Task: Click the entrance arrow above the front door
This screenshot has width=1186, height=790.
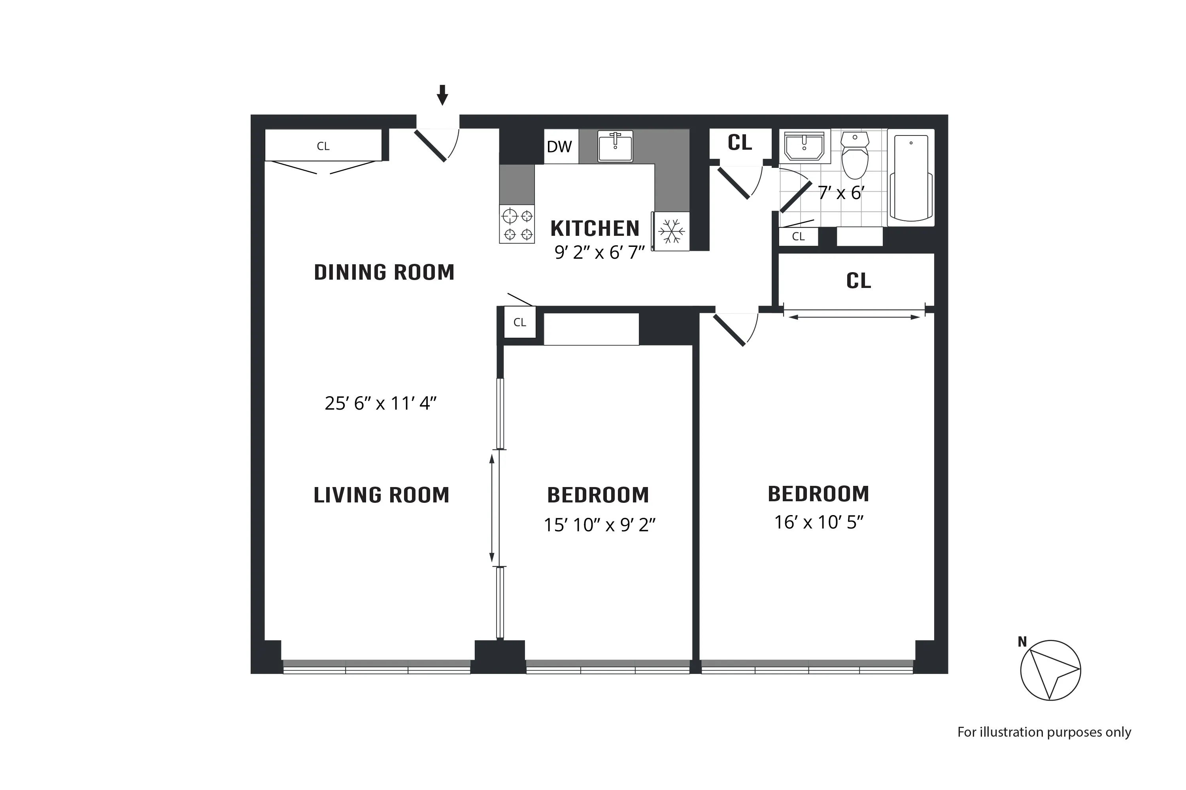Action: (x=442, y=95)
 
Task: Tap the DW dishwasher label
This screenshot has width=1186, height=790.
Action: (x=559, y=147)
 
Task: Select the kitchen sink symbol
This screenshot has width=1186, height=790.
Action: (x=615, y=146)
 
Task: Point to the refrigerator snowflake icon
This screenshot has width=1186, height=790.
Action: (x=672, y=232)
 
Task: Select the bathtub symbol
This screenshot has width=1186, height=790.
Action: (x=911, y=177)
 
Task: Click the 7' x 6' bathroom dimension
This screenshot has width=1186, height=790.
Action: (x=841, y=193)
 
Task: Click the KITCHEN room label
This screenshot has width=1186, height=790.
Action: (x=595, y=229)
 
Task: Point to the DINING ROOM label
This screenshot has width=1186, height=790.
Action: (x=384, y=273)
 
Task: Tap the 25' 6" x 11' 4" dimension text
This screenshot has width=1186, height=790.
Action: (x=380, y=404)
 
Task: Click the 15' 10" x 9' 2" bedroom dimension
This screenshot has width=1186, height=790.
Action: (x=599, y=525)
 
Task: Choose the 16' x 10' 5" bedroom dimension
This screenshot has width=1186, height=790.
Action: (x=818, y=523)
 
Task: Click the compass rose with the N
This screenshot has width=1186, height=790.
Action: (x=1050, y=670)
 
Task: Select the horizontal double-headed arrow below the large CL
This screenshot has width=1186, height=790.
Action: (x=854, y=317)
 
